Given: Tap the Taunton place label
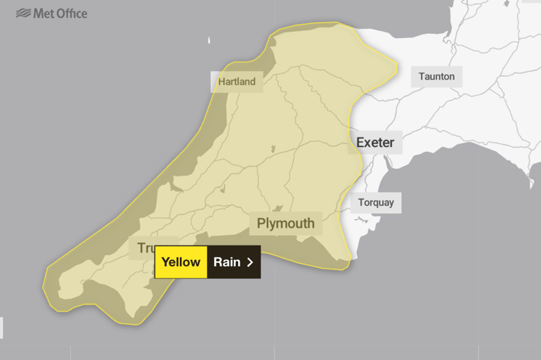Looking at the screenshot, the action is (437, 76).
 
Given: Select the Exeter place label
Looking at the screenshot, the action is (375, 143).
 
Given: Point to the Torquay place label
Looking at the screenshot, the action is (376, 202).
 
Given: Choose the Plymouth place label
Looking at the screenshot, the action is (286, 223).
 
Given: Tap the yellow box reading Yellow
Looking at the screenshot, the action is (181, 262).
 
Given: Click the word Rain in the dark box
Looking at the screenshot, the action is (227, 262).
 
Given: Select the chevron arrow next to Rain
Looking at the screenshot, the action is (250, 262).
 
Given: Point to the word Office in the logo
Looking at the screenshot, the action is (72, 13).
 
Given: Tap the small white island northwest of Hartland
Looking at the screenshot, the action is (210, 40).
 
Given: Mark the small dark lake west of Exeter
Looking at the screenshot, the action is (273, 149).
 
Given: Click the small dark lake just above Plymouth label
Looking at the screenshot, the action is (278, 208).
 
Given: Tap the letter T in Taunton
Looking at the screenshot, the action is (422, 76).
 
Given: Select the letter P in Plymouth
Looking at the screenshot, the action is (262, 223).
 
